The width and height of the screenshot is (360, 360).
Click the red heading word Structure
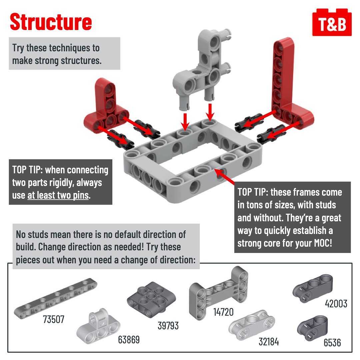[x=51, y=22]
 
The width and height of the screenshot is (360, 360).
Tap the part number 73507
[x=53, y=319]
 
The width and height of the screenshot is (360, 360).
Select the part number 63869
[x=129, y=340]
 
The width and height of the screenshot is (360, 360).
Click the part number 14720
[x=223, y=312]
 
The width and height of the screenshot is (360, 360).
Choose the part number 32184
[x=269, y=342]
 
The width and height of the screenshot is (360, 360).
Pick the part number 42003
[x=336, y=304]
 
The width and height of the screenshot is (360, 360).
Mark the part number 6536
[x=332, y=342]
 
